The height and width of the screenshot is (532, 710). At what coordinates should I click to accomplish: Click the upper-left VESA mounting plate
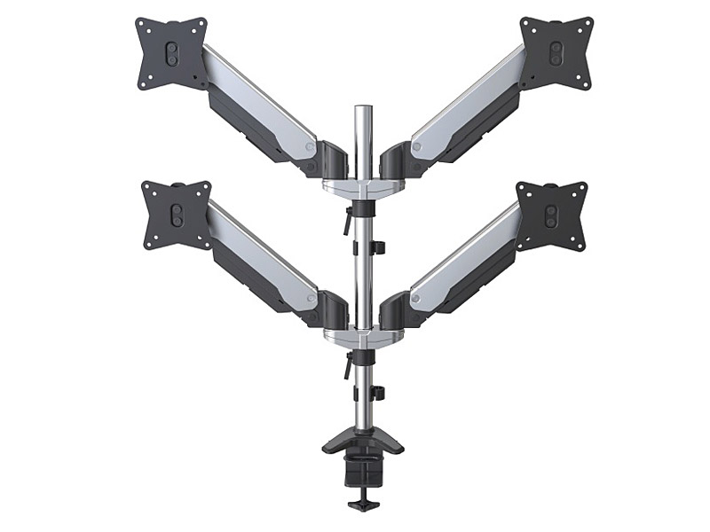coord(171,53)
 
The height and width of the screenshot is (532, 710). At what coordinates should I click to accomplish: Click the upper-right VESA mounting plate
coord(556,52)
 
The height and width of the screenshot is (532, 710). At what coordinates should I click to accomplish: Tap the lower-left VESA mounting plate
coord(177,215)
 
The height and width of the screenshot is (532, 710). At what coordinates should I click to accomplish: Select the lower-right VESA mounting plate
coord(551,215)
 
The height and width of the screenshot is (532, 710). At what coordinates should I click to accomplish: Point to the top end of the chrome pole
coord(362,111)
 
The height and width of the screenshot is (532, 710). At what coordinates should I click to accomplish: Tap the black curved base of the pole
coord(362,440)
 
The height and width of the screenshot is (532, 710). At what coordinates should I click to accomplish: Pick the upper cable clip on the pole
coord(376,246)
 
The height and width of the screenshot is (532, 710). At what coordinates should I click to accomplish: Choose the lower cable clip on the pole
coord(376,392)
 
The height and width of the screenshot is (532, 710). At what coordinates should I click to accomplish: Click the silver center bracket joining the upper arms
coord(362,187)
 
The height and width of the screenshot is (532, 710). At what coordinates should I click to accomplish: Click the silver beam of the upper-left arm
coord(257,102)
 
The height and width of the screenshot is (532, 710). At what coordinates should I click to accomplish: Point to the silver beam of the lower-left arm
coord(262,253)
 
